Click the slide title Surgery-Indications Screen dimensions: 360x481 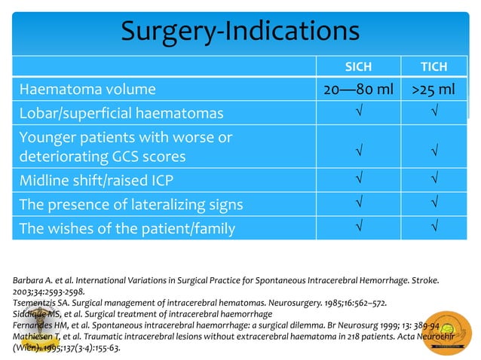pyautogui.click(x=240, y=31)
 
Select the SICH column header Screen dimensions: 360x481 pyautogui.click(x=358, y=66)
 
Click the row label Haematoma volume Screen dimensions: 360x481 pyautogui.click(x=87, y=90)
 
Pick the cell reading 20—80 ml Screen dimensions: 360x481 pyautogui.click(x=358, y=90)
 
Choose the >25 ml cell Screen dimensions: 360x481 pyautogui.click(x=433, y=90)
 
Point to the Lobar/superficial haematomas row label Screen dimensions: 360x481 pyautogui.click(x=121, y=114)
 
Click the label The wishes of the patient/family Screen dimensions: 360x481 pyautogui.click(x=127, y=227)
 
